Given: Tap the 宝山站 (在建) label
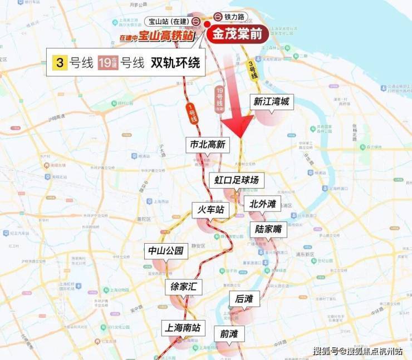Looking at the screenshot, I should pyautogui.click(x=168, y=21).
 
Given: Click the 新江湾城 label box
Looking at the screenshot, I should pyautogui.click(x=272, y=102).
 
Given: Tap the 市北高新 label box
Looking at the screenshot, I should pyautogui.click(x=207, y=145).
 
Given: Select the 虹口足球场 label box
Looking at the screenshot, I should pyautogui.click(x=237, y=181).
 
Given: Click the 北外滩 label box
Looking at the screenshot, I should pyautogui.click(x=262, y=204).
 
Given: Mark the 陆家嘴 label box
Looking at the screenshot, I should pyautogui.click(x=268, y=229).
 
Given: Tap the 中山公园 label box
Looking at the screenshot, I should pyautogui.click(x=166, y=250).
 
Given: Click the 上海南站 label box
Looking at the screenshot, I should pyautogui.click(x=180, y=327).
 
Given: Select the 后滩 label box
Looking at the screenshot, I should pyautogui.click(x=244, y=299).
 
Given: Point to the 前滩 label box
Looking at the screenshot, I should pyautogui.click(x=229, y=333).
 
